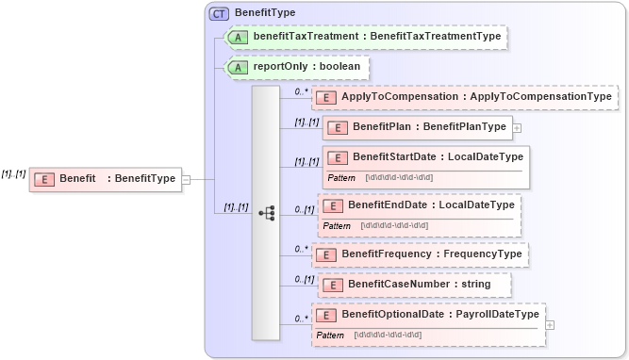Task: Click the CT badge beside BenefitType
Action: (x=219, y=13)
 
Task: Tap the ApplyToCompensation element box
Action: (x=465, y=97)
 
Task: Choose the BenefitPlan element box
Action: (x=417, y=127)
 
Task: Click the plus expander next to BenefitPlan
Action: (x=517, y=127)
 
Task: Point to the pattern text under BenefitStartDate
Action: (x=398, y=177)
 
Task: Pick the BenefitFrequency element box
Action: (x=420, y=254)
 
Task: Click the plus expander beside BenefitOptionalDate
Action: (x=550, y=324)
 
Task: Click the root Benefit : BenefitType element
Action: (x=105, y=179)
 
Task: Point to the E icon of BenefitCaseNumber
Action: (x=330, y=284)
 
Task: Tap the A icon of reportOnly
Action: (x=240, y=68)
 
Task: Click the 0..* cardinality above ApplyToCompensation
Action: (x=301, y=91)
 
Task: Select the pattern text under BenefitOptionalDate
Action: (x=388, y=335)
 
